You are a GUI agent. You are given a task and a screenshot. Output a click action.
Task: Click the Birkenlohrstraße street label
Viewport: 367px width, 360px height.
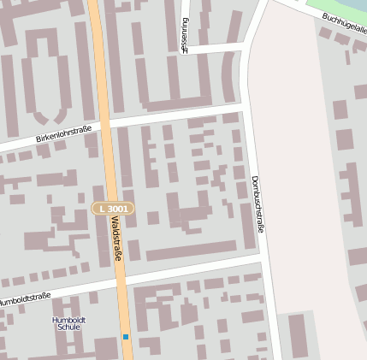(x=63, y=133)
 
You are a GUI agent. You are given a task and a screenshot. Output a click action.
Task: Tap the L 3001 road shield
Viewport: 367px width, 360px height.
(x=113, y=209)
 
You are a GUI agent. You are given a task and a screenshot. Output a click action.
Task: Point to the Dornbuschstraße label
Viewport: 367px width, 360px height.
(x=257, y=204)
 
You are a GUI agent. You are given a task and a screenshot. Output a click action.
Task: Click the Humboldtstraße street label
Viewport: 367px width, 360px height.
(x=24, y=300)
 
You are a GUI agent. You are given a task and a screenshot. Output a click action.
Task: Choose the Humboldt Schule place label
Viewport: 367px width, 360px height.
(x=68, y=323)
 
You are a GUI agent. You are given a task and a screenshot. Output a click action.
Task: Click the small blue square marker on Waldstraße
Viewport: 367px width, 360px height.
(x=125, y=337)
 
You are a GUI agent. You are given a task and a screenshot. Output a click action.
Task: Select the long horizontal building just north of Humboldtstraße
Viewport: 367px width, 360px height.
(x=191, y=250)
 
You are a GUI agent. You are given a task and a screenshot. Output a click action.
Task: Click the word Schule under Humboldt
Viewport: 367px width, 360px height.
(x=68, y=328)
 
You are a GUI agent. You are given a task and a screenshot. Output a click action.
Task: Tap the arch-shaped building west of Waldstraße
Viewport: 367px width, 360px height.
(x=43, y=73)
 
